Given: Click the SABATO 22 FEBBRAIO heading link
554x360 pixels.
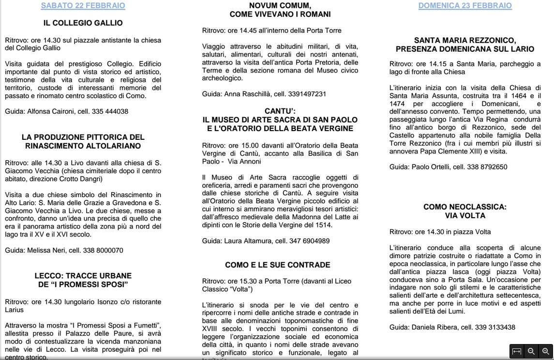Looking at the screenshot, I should [x=83, y=6].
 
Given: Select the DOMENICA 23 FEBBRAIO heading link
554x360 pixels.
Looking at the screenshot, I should [x=465, y=6].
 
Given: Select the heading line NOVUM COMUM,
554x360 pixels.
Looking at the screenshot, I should [x=280, y=6].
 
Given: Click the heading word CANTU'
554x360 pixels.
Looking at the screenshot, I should [x=280, y=111].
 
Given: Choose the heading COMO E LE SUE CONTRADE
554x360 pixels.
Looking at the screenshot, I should [x=278, y=265].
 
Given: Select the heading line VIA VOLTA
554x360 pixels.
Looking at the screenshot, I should [x=465, y=215].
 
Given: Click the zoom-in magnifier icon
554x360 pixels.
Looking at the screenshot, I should [x=545, y=352].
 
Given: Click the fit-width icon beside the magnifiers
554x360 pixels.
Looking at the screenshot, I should [x=517, y=352].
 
